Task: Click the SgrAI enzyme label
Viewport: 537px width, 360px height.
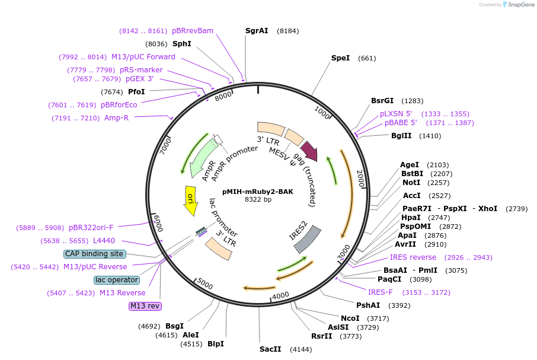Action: point(257,30)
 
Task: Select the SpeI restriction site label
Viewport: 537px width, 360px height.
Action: point(340,58)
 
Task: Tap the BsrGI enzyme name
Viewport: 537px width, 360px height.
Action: point(382,101)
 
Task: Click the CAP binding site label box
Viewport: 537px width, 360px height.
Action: point(94,254)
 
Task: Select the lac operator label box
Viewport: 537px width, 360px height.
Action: point(116,279)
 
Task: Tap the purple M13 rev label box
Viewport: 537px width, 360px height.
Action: point(145,306)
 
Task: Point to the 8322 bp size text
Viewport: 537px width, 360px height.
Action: point(258,200)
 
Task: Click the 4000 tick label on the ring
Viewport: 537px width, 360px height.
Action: point(280,295)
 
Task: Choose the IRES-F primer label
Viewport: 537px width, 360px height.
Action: point(380,292)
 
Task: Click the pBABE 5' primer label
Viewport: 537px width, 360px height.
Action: point(401,123)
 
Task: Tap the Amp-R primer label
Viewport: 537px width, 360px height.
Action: point(116,118)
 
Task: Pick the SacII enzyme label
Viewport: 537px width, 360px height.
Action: point(270,349)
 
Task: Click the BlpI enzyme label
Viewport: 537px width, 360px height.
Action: point(216,343)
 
